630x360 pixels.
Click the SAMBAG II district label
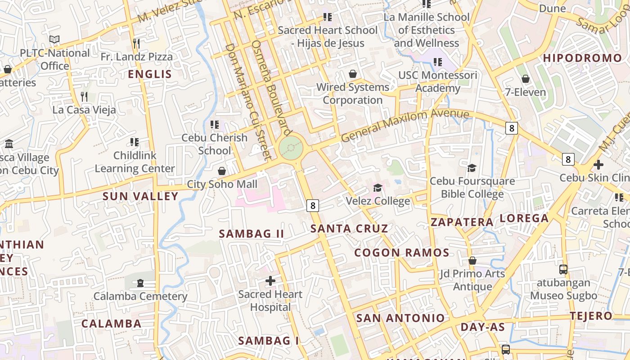(252, 234)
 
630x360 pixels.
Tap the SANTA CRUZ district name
(349, 229)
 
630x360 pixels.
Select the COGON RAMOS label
(401, 253)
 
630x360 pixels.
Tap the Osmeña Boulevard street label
(269, 85)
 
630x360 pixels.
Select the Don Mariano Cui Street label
(249, 101)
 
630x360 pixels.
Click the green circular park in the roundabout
(291, 148)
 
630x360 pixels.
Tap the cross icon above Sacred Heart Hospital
(270, 281)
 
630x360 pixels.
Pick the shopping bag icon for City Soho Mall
(221, 171)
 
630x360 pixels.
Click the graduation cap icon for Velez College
(378, 188)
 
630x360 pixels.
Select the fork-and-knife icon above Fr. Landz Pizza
(136, 44)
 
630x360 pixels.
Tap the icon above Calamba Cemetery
(140, 283)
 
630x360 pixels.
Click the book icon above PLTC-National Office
(54, 40)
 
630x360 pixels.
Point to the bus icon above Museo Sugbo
(563, 270)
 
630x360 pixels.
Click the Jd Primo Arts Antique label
(472, 280)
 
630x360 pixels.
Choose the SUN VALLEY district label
(140, 197)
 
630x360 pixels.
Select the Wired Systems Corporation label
(353, 94)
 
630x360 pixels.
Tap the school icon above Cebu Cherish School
(215, 124)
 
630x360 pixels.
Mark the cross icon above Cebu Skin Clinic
(598, 165)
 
